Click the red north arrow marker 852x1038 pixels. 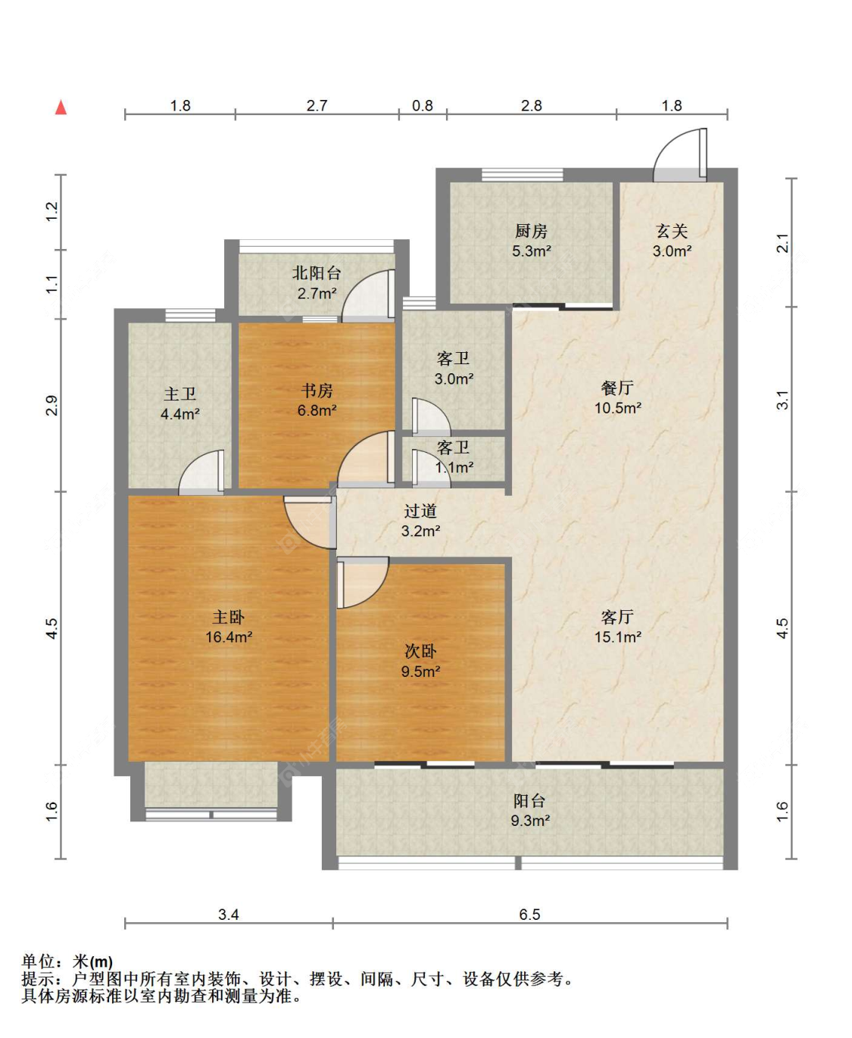pos(61,107)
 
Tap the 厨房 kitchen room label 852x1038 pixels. pos(531,230)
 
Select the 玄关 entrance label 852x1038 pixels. pos(672,231)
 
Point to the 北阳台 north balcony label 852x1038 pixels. pos(317,273)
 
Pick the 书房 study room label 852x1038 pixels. pos(317,391)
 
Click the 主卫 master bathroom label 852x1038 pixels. pos(179,394)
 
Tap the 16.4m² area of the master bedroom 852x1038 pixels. pos(229,637)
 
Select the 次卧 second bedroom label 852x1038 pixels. pos(420,651)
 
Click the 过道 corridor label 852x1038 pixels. pos(420,511)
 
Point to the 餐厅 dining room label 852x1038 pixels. pos(617,388)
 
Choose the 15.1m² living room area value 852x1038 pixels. pos(618,637)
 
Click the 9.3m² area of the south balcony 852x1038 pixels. pos(530,821)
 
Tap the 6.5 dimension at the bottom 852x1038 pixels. pos(529,915)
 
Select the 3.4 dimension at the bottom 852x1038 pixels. pos(229,915)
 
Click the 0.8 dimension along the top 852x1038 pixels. pos(423,106)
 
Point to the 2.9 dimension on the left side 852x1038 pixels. pos(51,406)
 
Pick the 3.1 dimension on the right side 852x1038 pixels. pos(782,400)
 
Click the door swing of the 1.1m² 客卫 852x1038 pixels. pos(431,469)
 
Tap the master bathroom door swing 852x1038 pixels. pos(201,472)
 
